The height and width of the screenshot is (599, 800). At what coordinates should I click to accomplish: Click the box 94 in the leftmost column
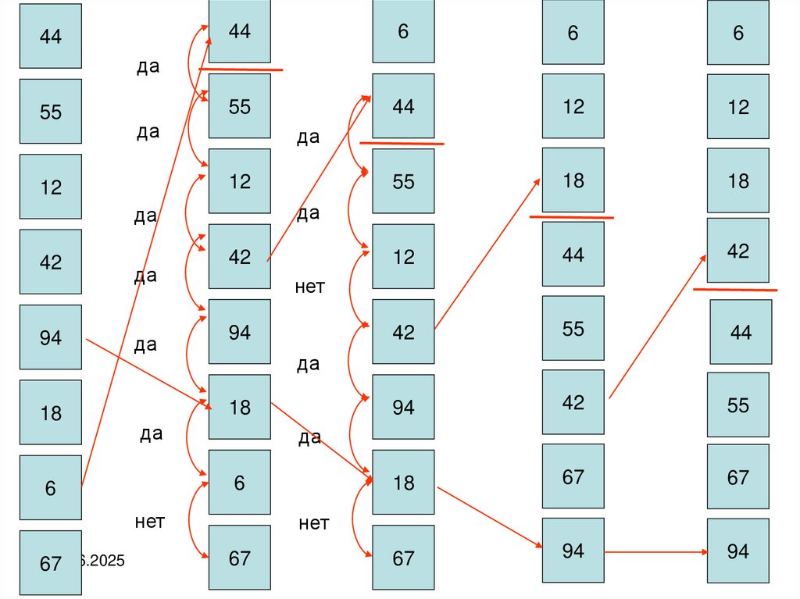pos(50,337)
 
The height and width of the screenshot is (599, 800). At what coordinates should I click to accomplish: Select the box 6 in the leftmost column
pos(50,487)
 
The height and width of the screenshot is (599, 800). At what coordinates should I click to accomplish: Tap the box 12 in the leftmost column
pos(50,187)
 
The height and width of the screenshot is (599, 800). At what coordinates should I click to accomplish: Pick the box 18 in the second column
pos(239,407)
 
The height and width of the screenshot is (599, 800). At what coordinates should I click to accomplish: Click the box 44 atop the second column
pos(239,31)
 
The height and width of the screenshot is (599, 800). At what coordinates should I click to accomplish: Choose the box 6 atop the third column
pos(403,32)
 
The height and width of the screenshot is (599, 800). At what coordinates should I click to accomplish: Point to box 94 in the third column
pos(403,407)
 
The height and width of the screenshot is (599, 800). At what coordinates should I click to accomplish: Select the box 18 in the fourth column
pos(573,180)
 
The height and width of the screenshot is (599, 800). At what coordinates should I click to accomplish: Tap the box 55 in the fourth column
pos(573,328)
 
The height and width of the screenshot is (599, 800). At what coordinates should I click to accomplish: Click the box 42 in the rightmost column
pos(737,251)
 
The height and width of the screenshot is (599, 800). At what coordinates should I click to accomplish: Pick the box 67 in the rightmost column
pos(737,476)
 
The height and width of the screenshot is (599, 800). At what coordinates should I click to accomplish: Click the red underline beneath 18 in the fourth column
pos(571,217)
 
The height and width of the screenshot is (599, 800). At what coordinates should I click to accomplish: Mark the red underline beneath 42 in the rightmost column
pos(735,290)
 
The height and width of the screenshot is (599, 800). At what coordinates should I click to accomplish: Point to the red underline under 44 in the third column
pos(402,143)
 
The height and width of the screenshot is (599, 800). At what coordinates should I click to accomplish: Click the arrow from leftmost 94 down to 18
pos(148,373)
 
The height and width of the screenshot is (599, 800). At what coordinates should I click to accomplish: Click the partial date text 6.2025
pos(101,561)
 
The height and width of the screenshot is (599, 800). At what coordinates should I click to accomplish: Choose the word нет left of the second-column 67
pos(149,521)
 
